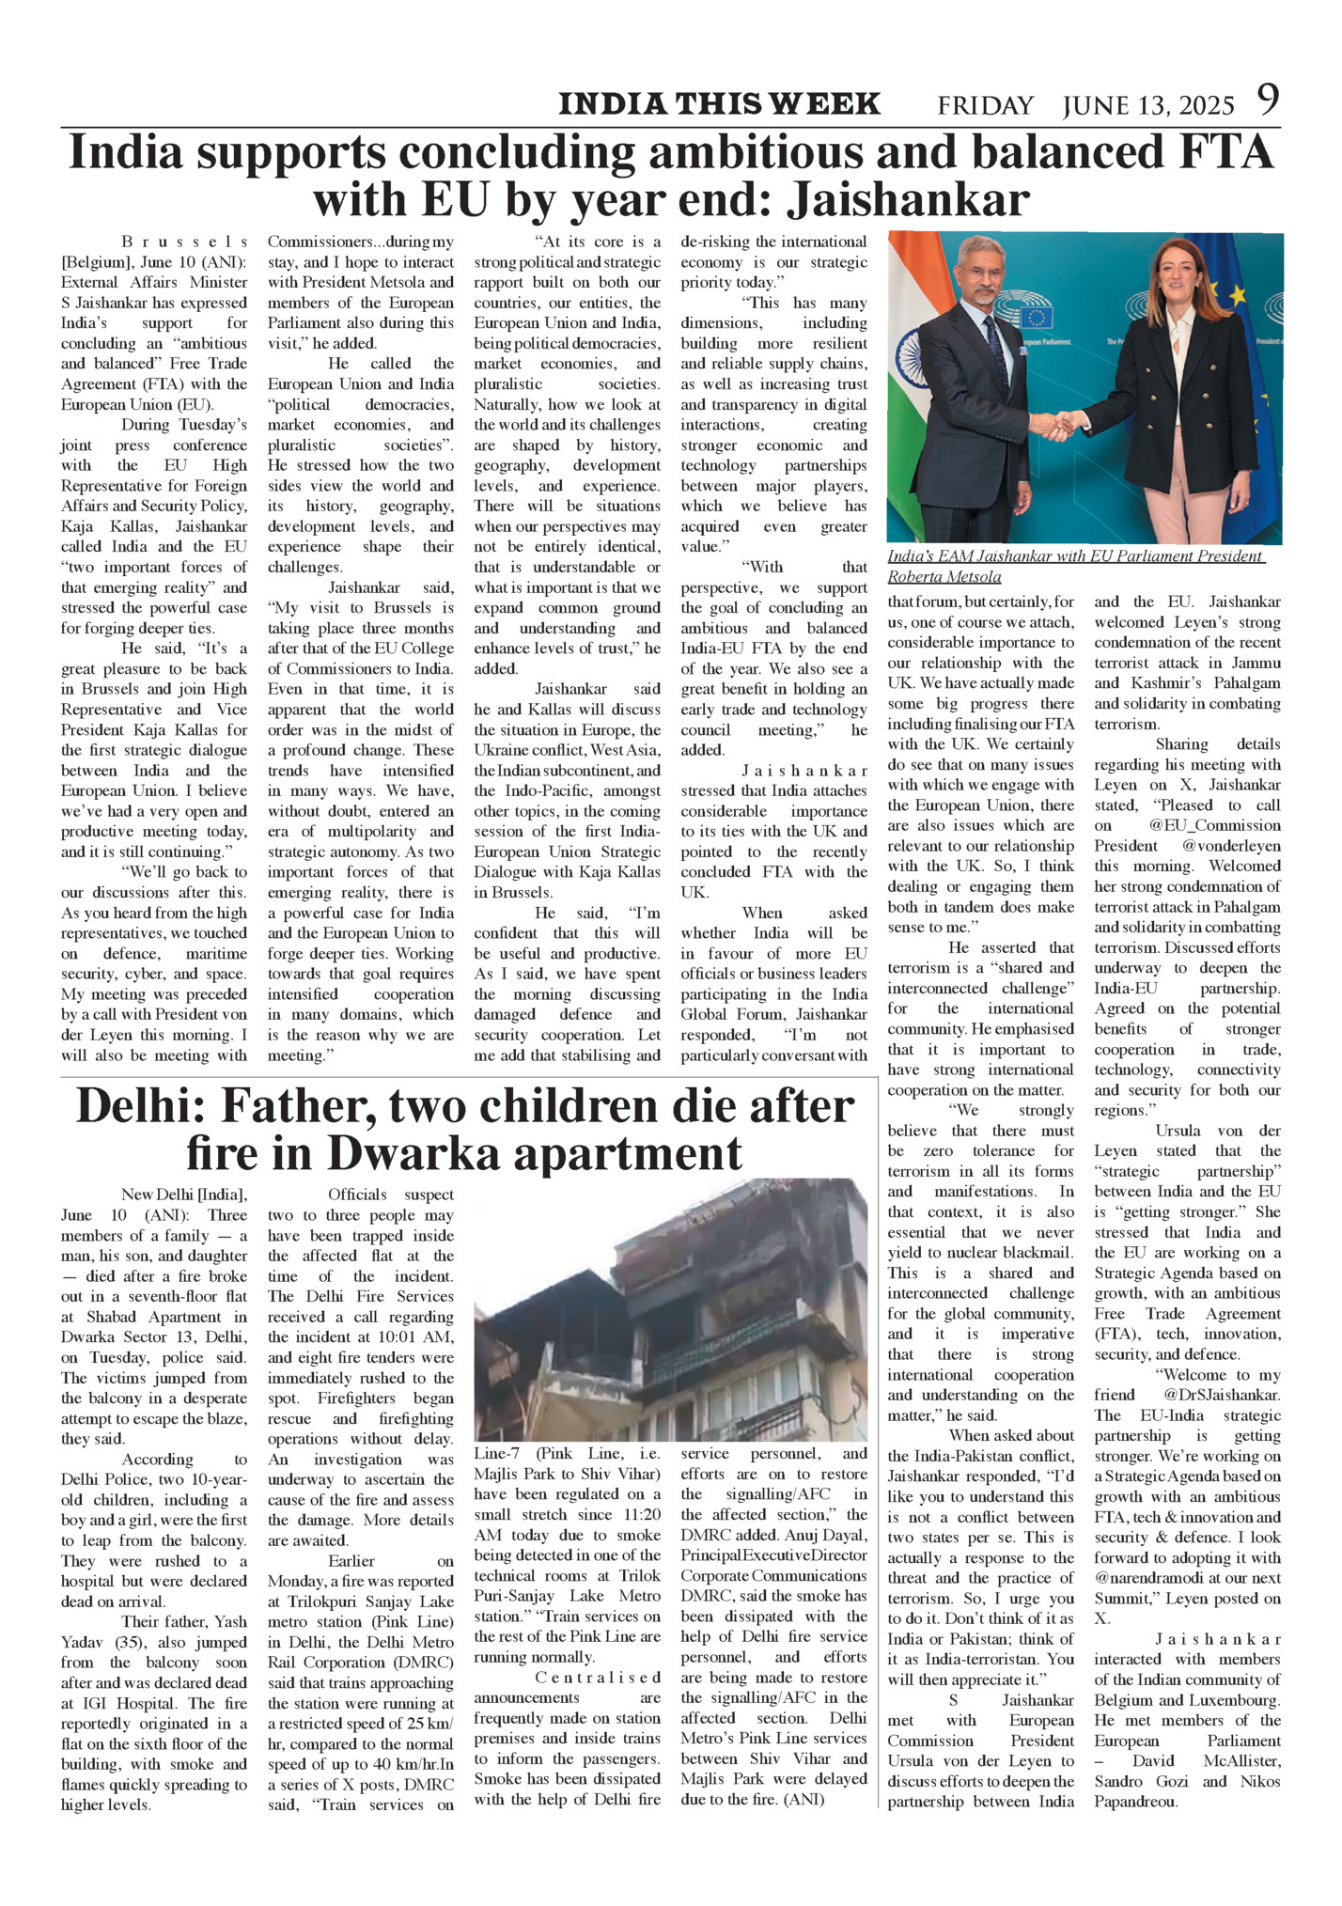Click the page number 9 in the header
[1268, 101]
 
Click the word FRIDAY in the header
[985, 106]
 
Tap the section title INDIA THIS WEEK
[719, 104]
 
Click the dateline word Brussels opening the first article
[185, 242]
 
